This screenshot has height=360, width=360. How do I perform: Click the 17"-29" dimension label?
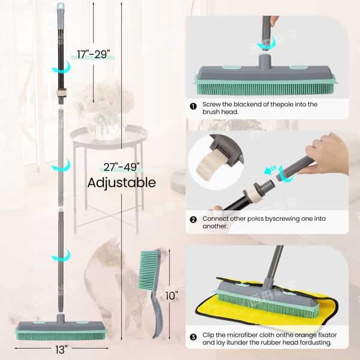coord(94,55)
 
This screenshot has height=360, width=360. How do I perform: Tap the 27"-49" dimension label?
coord(121,167)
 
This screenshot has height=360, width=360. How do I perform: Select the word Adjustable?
coord(122,183)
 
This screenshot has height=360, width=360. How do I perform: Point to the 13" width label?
coord(61,350)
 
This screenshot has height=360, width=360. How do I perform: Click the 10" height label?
coord(172,296)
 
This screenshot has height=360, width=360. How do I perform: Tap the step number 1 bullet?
coord(193,106)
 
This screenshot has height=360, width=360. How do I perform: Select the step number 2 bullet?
coord(193,220)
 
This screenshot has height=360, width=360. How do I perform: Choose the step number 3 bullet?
coord(193,337)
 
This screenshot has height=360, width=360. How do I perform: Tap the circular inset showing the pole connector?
coord(216,162)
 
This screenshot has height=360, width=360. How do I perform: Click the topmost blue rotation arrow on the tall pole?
coord(61,67)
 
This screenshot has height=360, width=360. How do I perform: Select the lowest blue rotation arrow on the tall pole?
coord(61,256)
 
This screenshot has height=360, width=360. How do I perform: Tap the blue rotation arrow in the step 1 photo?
coord(266,44)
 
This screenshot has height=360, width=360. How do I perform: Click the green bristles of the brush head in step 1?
coord(265,89)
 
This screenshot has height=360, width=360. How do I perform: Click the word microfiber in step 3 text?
coord(238,335)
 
